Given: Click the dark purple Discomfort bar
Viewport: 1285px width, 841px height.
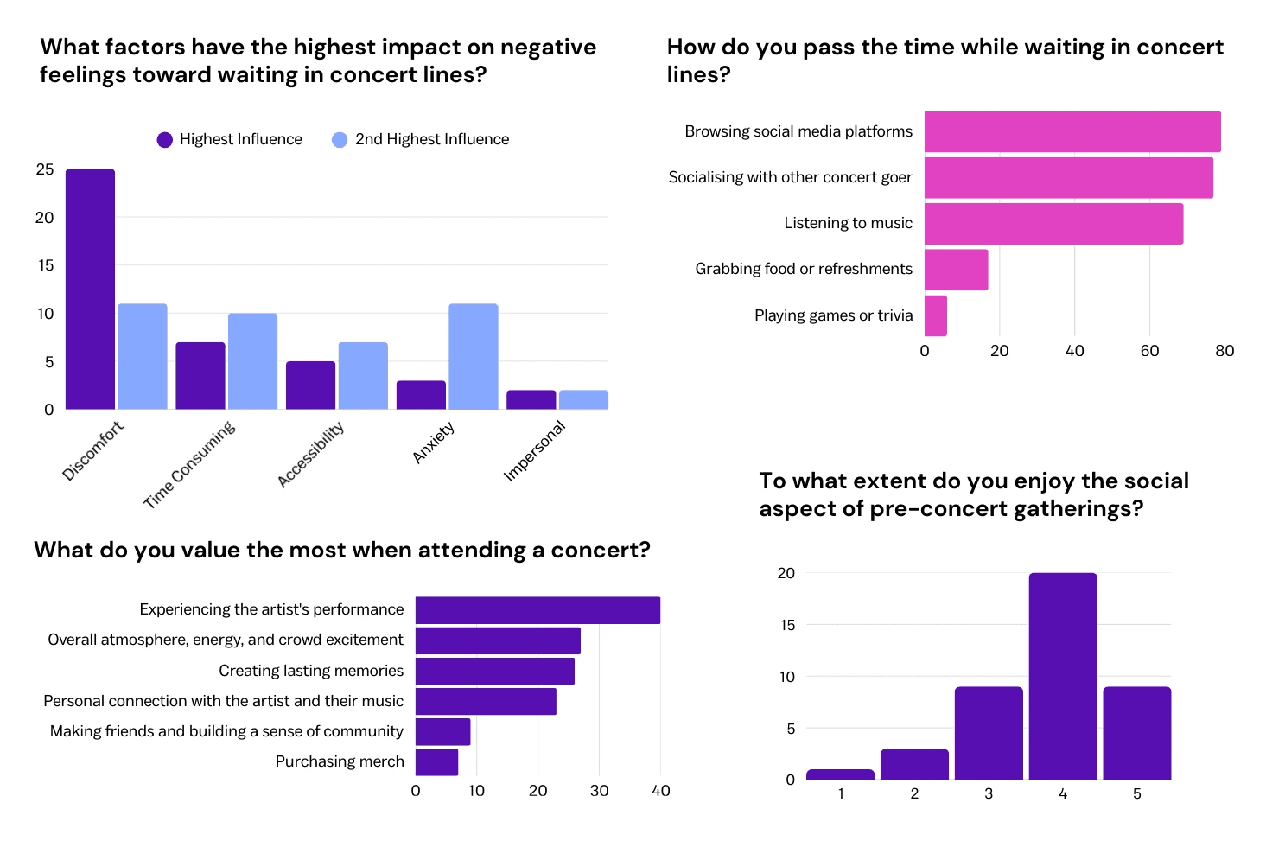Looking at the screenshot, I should (90, 290).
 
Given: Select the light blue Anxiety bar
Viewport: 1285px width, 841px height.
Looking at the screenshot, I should (473, 356).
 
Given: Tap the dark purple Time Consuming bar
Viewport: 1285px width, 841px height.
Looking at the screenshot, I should (200, 376).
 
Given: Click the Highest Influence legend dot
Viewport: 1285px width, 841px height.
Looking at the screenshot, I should (165, 140).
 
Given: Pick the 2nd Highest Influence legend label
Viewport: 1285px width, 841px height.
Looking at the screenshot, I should (432, 139).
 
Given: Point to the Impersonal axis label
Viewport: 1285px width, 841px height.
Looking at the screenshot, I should (535, 450).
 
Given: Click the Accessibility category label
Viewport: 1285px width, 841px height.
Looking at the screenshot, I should (311, 454).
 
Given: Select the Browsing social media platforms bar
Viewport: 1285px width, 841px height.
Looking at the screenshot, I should (1072, 131).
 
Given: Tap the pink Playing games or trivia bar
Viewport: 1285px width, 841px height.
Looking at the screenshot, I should (936, 315).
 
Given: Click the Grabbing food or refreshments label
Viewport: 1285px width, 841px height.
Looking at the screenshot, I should (804, 269).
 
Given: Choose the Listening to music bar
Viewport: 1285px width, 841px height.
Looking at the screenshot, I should (1053, 224).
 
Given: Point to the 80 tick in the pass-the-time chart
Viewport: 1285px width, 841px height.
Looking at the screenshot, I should (1225, 351).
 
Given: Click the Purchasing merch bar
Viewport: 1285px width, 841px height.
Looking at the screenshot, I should (436, 762).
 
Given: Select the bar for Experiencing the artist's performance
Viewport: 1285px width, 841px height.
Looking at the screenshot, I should (538, 610).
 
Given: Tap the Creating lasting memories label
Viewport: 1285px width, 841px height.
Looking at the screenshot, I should (311, 671).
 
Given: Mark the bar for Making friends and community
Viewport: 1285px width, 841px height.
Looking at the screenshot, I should (442, 732).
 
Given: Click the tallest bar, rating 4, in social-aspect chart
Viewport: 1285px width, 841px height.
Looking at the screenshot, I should (1063, 676).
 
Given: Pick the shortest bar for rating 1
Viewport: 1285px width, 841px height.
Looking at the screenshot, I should (840, 774).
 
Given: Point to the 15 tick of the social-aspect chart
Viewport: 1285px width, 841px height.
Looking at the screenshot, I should (786, 625).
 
